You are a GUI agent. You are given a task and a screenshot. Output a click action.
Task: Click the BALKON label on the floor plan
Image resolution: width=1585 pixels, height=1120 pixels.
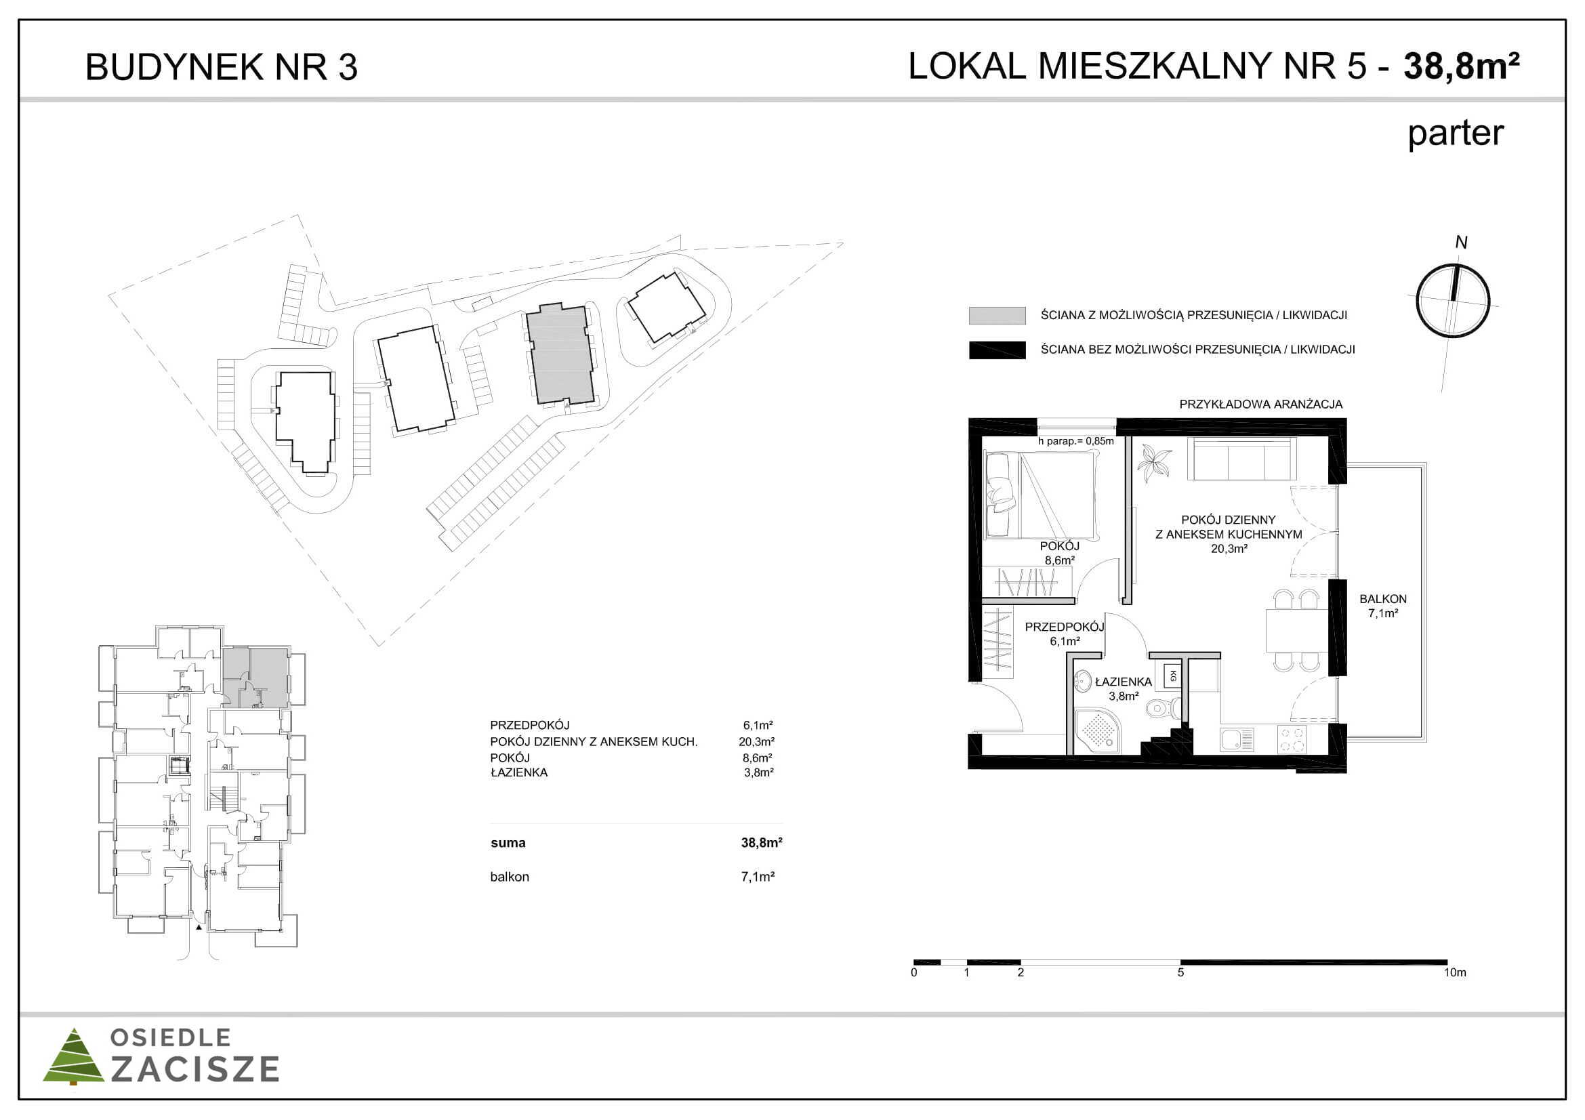point(1383,599)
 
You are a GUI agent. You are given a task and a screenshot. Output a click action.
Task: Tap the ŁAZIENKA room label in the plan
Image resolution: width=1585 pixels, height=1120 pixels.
point(1123,682)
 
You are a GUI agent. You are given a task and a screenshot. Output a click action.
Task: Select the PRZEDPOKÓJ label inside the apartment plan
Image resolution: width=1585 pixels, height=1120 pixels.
point(1065,627)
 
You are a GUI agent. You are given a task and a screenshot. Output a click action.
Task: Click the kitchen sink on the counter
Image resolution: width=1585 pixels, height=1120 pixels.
point(1237,740)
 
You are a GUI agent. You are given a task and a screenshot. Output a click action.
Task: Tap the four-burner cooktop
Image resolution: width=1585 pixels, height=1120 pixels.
point(1291,739)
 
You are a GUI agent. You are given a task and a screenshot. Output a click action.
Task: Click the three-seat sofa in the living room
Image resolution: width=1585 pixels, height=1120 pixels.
point(1241,458)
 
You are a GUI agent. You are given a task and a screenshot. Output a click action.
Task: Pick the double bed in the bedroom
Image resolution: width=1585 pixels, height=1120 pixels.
point(1039,495)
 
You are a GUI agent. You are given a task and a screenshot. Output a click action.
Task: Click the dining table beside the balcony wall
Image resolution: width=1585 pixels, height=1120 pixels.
point(1297,630)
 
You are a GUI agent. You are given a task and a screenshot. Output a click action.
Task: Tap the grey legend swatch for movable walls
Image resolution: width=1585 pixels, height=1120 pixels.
point(997,315)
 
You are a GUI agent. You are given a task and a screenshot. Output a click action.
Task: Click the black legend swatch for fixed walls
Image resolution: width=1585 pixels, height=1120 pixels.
point(997,350)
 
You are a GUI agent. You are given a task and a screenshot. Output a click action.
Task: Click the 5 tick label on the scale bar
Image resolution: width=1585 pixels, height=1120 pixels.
point(1180,972)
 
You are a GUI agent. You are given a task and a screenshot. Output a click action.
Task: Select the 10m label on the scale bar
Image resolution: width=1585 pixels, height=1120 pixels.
point(1454,972)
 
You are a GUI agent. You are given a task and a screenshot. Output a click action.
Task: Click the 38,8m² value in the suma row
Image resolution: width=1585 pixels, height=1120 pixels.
point(762,843)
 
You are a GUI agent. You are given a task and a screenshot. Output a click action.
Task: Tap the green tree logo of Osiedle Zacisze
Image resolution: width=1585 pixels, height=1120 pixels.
point(73,1056)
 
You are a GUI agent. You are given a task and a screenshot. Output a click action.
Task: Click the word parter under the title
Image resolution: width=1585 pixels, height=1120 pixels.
point(1455,134)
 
